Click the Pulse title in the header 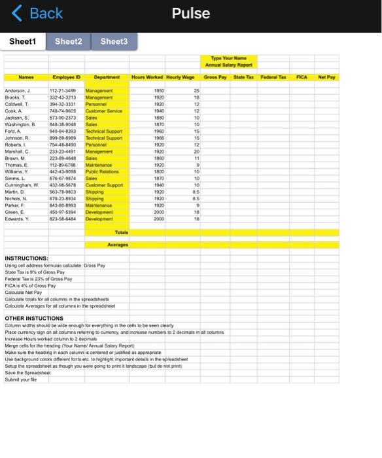pos(191,13)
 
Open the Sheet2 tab pos(69,41)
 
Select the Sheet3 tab pos(114,41)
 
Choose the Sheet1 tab pos(23,41)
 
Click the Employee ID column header pos(67,77)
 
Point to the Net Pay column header pos(326,77)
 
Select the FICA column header pos(302,77)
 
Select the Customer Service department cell pos(104,111)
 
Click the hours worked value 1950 pos(159,91)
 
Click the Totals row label pos(122,232)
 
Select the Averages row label pos(118,245)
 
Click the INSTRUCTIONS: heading pos(26,259)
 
